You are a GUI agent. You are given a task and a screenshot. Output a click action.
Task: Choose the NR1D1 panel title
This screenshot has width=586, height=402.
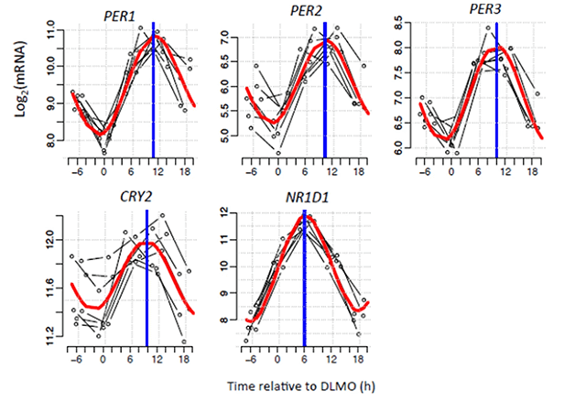point(308,195)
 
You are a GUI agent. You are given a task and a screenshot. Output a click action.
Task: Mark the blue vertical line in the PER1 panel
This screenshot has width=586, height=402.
point(153,92)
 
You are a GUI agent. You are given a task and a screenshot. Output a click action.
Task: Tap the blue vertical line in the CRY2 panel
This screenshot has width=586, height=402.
point(146,275)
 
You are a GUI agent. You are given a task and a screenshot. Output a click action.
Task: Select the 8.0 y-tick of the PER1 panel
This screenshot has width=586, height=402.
point(55,142)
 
